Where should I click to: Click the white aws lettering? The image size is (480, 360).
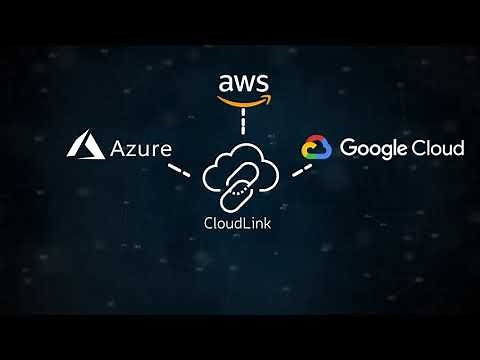pos(242,83)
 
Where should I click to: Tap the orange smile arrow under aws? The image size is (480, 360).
pos(241,100)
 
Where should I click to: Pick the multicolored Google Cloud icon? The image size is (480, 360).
pos(316,149)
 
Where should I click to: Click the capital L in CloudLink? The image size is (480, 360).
pos(244,222)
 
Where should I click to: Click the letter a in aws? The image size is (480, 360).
pos(226,83)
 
